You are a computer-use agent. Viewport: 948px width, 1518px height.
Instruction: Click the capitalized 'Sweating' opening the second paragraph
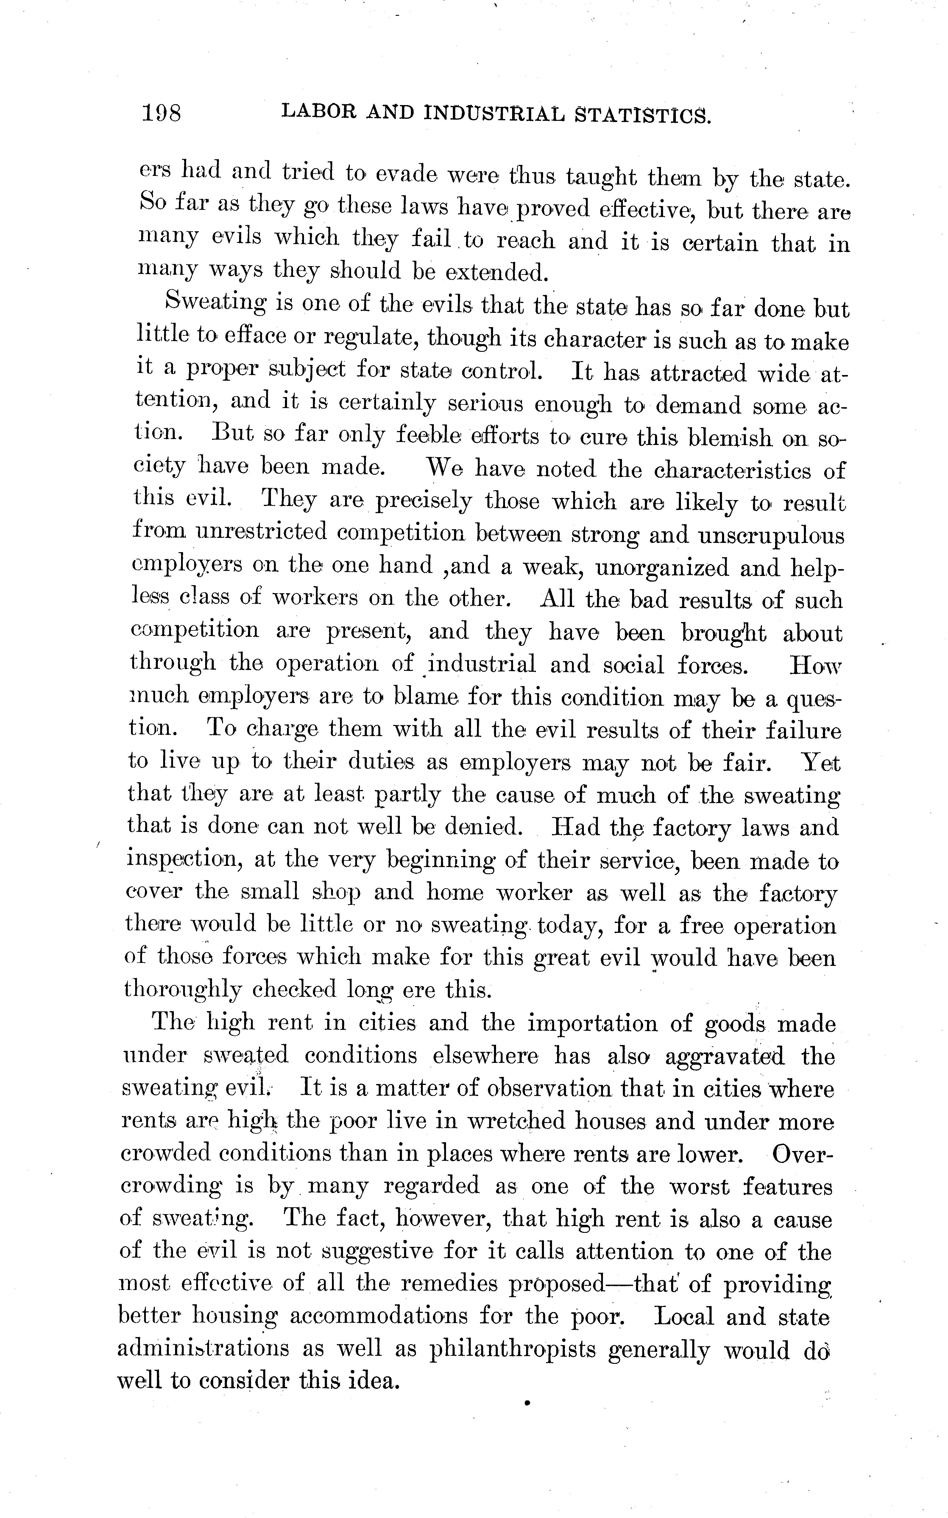(x=215, y=303)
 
